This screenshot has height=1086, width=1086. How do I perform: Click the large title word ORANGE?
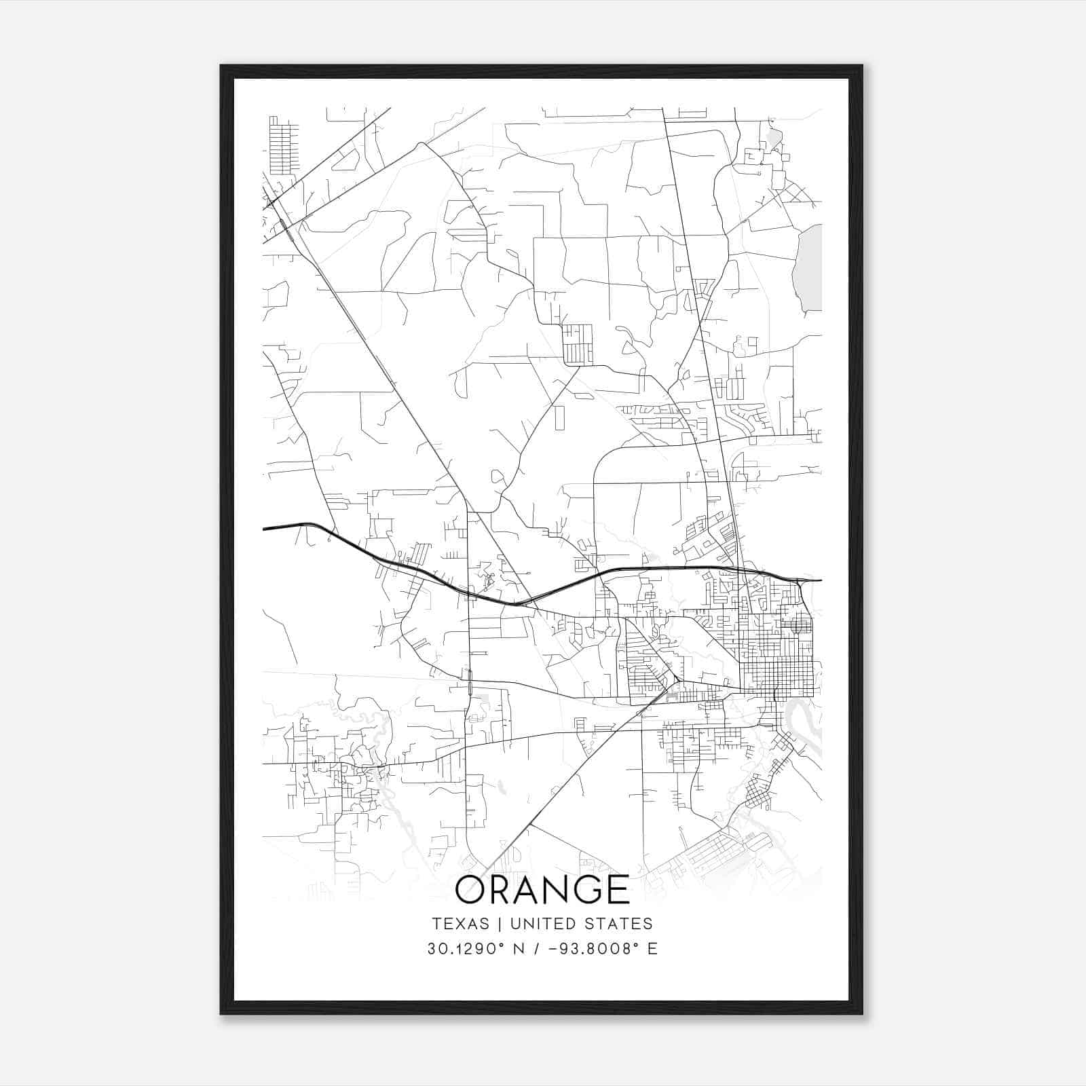tap(542, 889)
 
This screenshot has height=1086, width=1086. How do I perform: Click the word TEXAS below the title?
tap(460, 924)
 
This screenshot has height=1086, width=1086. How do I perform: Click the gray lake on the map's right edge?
tap(808, 268)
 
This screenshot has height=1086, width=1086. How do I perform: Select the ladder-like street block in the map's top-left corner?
tap(283, 146)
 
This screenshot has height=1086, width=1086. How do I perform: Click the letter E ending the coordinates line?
tap(652, 949)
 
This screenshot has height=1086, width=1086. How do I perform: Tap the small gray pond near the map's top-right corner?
tap(774, 139)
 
